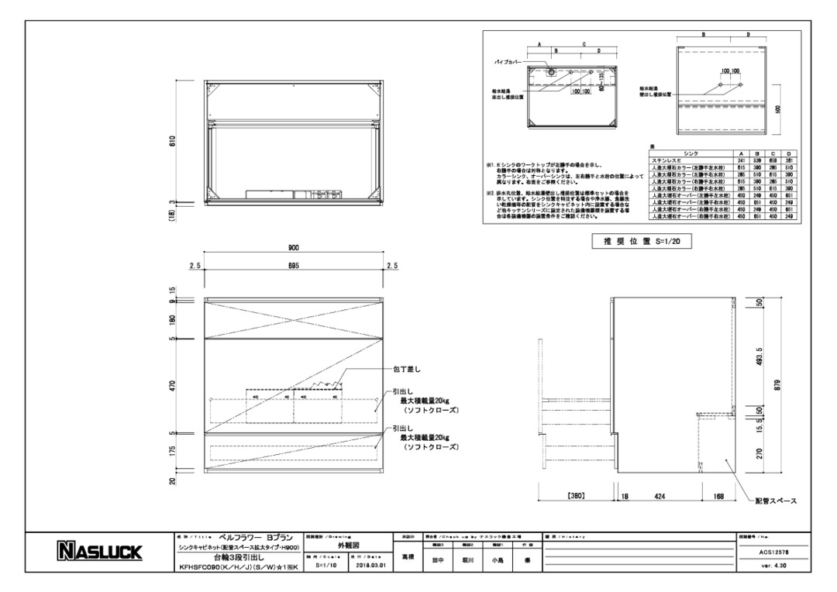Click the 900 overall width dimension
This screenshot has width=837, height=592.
pos(294,248)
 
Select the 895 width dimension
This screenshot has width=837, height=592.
pos(294,265)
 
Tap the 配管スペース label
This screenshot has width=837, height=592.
pos(777,501)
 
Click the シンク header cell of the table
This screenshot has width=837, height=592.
pos(691,154)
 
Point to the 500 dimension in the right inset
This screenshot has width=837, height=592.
pos(777,109)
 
